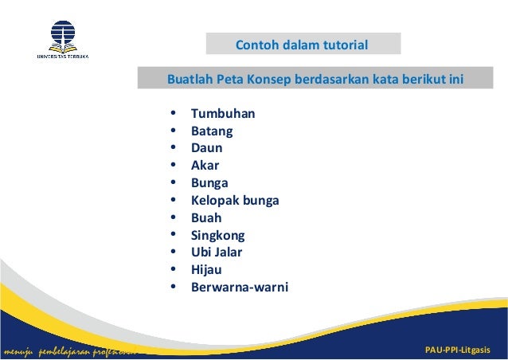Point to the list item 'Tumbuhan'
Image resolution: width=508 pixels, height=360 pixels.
tap(223, 113)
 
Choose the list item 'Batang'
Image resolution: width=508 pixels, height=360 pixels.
tap(212, 131)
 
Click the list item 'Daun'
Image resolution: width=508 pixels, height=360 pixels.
tap(206, 148)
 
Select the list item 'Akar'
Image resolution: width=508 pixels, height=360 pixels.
tap(205, 166)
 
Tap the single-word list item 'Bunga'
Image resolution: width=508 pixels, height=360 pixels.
tap(209, 183)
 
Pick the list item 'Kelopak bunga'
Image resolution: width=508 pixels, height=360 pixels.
tap(235, 200)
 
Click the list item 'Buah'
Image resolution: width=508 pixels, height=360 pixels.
tap(206, 217)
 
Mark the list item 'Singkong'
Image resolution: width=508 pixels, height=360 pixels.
tap(217, 235)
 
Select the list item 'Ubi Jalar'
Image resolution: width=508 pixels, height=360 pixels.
tap(217, 252)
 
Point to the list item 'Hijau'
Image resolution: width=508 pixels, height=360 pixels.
tap(206, 270)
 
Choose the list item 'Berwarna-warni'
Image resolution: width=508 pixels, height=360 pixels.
tap(240, 288)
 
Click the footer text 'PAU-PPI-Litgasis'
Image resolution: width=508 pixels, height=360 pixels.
tap(459, 351)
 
